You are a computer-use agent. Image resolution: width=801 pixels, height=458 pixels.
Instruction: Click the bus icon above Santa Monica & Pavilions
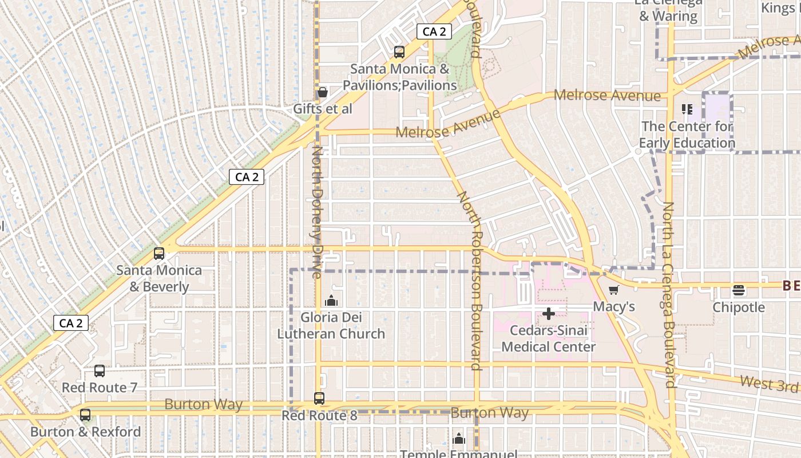(x=399, y=52)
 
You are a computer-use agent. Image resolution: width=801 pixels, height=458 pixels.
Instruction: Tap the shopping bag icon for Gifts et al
(x=322, y=92)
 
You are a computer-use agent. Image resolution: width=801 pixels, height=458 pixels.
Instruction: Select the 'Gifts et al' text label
(x=322, y=109)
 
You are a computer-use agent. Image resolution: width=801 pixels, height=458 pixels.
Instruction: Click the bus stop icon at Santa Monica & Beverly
(x=159, y=253)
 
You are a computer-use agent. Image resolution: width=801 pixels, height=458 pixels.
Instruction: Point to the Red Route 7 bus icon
(x=100, y=371)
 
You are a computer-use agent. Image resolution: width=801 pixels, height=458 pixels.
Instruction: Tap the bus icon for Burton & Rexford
(x=85, y=415)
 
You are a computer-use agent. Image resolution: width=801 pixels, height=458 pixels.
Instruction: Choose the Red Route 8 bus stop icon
(x=319, y=398)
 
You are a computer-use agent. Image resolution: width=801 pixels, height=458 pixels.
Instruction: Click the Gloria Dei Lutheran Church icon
(x=331, y=301)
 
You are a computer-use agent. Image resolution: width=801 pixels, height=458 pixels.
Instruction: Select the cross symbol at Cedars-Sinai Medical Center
(x=548, y=314)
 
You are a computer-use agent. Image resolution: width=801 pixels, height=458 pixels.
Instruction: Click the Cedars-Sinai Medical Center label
(x=548, y=338)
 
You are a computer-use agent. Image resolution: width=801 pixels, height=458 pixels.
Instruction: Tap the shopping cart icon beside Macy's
(x=614, y=290)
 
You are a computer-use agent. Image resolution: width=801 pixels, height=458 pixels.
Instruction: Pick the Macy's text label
(x=614, y=307)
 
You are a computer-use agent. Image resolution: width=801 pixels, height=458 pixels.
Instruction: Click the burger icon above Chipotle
(x=739, y=290)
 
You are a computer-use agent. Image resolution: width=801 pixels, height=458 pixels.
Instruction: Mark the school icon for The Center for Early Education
(x=687, y=109)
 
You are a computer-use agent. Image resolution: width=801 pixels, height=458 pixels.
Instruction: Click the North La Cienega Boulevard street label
(x=669, y=295)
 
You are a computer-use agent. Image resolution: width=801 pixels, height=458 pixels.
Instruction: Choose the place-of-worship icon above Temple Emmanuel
(x=459, y=439)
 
